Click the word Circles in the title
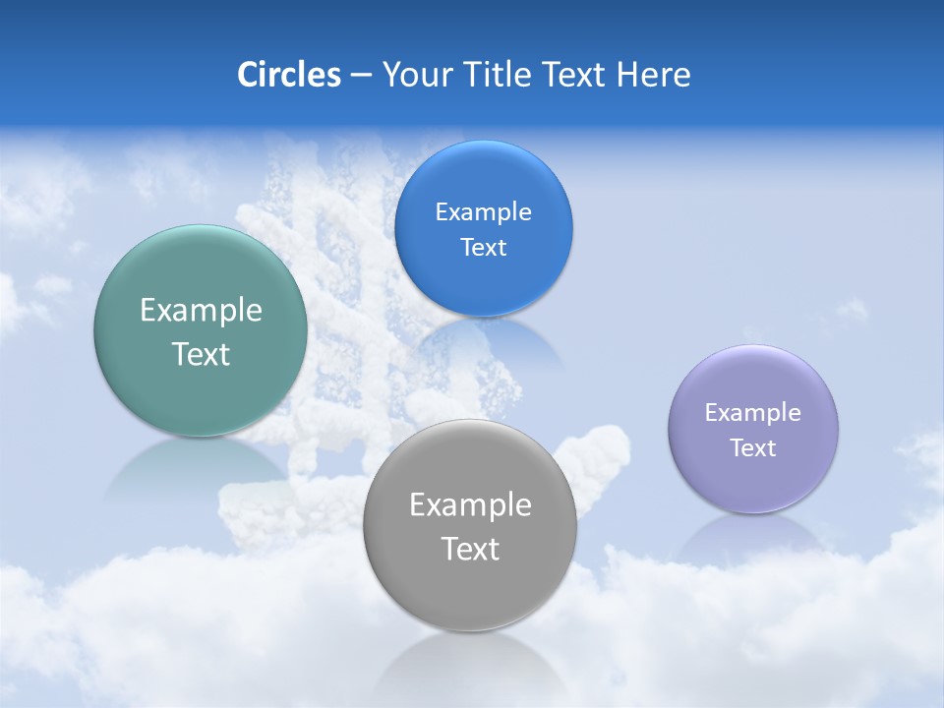[288, 75]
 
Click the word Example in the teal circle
[201, 311]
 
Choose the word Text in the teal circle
[201, 354]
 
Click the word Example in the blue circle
[483, 212]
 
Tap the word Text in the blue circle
[483, 248]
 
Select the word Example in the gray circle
[469, 505]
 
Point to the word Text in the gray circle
[469, 549]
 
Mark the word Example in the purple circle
[753, 413]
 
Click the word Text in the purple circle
[753, 448]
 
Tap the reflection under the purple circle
[753, 535]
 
